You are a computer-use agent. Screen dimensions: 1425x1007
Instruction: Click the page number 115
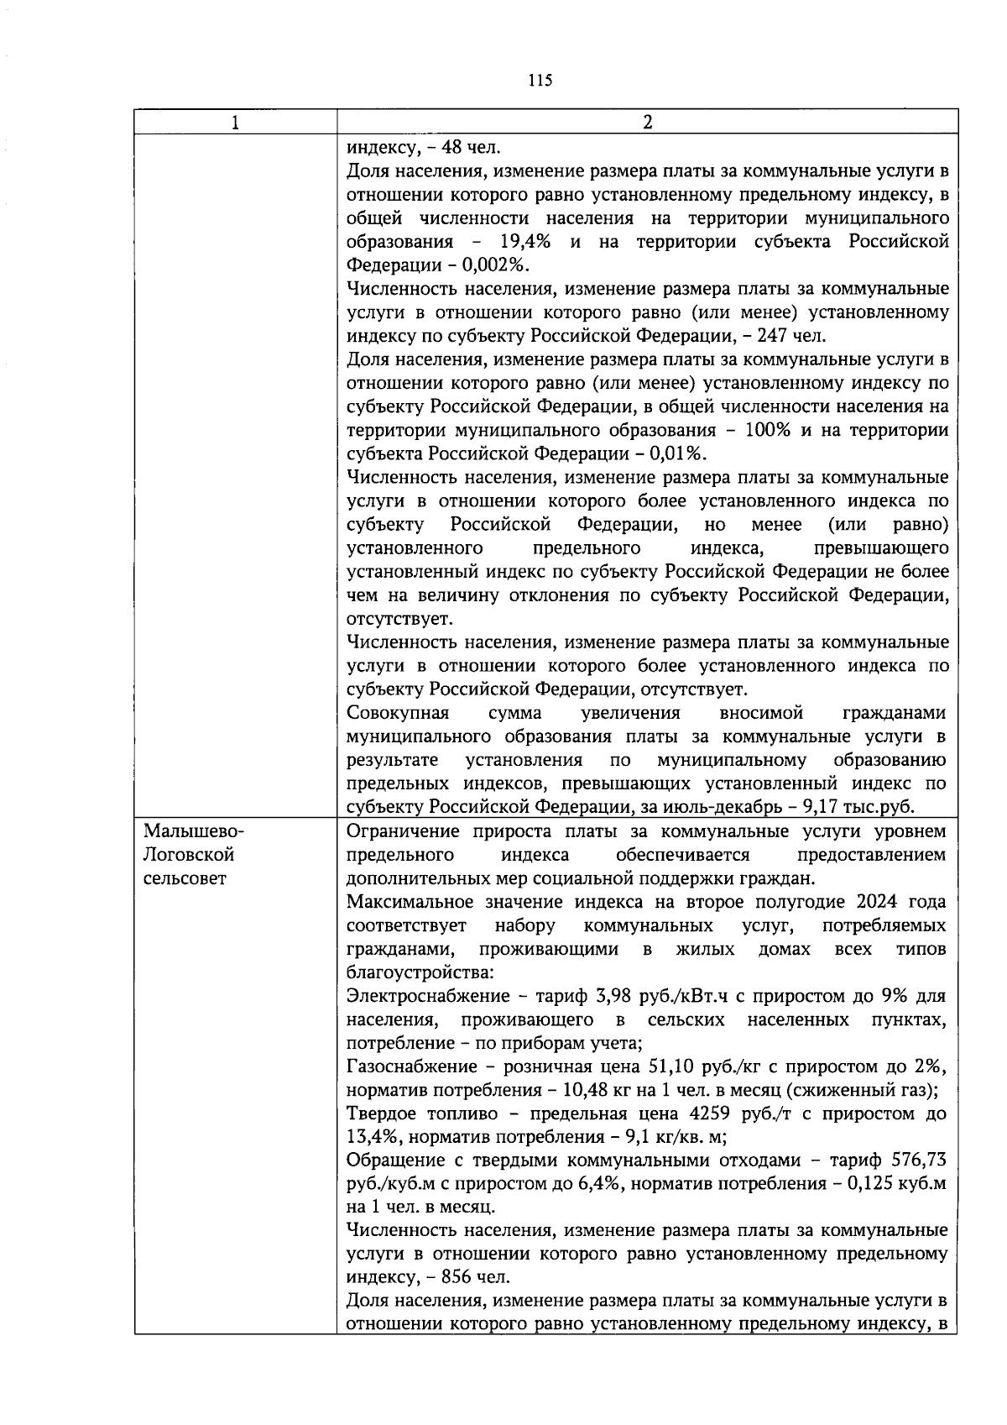click(540, 81)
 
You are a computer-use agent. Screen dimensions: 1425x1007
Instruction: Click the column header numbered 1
click(236, 123)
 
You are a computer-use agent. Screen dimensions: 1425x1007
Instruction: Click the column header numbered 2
click(647, 123)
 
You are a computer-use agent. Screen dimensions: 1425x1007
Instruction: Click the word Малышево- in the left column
click(194, 831)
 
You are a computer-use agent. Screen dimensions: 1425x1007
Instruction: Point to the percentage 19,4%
click(524, 242)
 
